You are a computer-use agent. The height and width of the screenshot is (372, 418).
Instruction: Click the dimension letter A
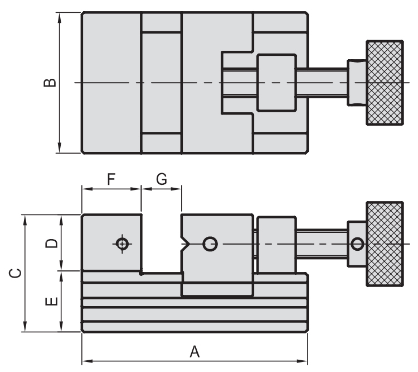pyautogui.click(x=195, y=352)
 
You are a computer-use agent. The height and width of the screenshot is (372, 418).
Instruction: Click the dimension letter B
pyautogui.click(x=50, y=83)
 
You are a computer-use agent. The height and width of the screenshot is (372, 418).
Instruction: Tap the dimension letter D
pyautogui.click(x=51, y=243)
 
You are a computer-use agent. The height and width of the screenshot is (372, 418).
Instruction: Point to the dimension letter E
pyautogui.click(x=51, y=302)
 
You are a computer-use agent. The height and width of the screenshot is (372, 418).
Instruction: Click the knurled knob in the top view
pyautogui.click(x=384, y=83)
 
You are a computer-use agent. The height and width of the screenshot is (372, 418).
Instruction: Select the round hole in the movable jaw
pyautogui.click(x=210, y=244)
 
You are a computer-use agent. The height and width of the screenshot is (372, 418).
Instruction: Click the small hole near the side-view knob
pyautogui.click(x=357, y=244)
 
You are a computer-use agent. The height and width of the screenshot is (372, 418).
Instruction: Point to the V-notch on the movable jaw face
pyautogui.click(x=186, y=244)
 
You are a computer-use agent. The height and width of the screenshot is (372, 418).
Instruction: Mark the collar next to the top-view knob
pyautogui.click(x=356, y=83)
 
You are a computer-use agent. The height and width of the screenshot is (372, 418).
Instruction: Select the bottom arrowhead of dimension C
pyautogui.click(x=24, y=329)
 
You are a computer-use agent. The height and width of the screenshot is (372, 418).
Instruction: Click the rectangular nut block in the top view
pyautogui.click(x=276, y=83)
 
